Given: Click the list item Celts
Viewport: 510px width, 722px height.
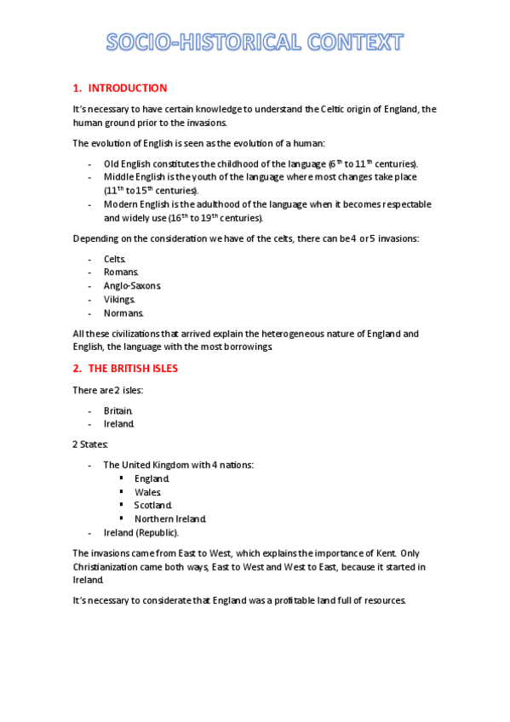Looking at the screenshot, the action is click(115, 259).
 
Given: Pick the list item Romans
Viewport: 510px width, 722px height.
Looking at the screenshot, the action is click(121, 272).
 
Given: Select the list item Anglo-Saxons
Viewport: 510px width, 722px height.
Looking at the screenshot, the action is click(132, 286).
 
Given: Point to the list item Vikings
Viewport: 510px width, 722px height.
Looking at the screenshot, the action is click(119, 300).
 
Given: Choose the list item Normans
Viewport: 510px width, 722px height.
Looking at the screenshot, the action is click(124, 313).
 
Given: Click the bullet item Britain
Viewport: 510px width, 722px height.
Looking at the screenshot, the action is click(118, 410).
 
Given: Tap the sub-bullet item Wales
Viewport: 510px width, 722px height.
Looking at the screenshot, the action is click(147, 492).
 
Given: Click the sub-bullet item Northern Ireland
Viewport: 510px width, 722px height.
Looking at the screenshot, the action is click(170, 519).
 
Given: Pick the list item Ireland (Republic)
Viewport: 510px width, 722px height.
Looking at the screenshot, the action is click(141, 533).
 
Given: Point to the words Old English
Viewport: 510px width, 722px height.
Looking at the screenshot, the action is click(126, 163).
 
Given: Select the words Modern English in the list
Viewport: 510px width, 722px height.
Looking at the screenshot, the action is click(135, 205).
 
